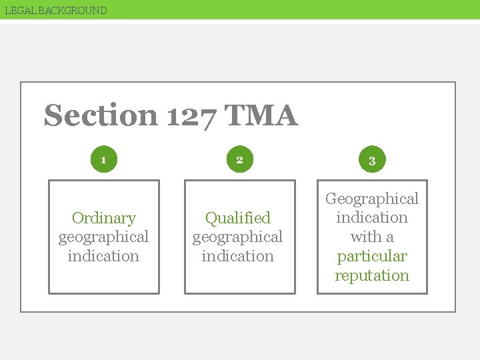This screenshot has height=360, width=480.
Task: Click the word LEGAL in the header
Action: click(x=19, y=10)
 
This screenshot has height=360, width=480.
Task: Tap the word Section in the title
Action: click(x=101, y=116)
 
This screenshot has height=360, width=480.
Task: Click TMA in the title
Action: click(x=261, y=116)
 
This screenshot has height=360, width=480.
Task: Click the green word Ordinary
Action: click(x=103, y=218)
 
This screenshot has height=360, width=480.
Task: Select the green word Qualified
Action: click(x=238, y=218)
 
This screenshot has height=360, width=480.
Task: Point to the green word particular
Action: click(x=372, y=257)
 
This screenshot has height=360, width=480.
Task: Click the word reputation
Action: click(x=372, y=275)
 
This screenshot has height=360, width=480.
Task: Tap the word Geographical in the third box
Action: click(x=372, y=199)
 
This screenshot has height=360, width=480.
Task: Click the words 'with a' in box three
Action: click(x=372, y=237)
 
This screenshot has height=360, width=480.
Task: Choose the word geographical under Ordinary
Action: click(x=103, y=237)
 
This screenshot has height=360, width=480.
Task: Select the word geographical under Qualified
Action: click(x=238, y=237)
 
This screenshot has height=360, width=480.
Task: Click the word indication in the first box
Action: click(x=103, y=256)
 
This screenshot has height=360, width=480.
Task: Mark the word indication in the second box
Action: click(x=238, y=256)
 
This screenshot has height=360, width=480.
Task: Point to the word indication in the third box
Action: click(x=372, y=217)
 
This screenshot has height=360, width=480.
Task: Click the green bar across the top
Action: click(x=300, y=9)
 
